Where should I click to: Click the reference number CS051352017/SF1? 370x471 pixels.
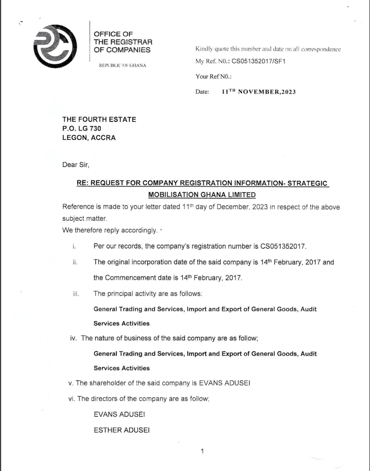(259, 61)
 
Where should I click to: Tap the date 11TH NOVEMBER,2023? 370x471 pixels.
(259, 92)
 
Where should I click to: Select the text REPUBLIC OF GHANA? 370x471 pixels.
(123, 65)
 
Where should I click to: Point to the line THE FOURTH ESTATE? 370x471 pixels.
(99, 120)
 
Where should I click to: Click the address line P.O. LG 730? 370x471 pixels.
(82, 128)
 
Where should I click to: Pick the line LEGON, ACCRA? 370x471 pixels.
(89, 138)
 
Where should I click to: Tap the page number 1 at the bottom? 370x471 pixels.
(202, 451)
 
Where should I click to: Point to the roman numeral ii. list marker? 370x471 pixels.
(75, 263)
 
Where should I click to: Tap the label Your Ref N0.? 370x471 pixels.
(213, 76)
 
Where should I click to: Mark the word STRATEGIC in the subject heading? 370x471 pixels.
(308, 183)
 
